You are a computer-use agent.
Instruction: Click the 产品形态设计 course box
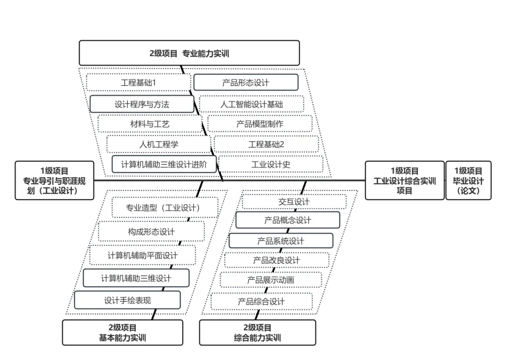246,82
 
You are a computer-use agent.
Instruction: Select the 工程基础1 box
138,82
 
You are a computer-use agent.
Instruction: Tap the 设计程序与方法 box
142,104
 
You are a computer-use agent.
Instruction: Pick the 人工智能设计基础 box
252,104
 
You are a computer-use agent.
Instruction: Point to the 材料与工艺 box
150,124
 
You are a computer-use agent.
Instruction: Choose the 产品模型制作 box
260,124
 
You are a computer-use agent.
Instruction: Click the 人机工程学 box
158,144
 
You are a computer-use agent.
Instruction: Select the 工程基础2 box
266,144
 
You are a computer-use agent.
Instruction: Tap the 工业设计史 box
271,165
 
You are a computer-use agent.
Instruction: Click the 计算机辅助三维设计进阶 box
164,165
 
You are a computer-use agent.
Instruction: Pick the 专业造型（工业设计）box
165,208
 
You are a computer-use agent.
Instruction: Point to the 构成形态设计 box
151,232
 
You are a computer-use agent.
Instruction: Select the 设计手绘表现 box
127,300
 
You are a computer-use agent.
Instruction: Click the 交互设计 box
294,202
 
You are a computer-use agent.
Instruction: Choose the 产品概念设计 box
288,220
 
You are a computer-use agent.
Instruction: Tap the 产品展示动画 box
271,280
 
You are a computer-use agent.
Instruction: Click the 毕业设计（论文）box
468,181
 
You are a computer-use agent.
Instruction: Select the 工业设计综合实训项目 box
404,181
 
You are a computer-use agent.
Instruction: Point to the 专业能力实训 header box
189,53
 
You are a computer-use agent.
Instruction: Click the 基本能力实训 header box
122,332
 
